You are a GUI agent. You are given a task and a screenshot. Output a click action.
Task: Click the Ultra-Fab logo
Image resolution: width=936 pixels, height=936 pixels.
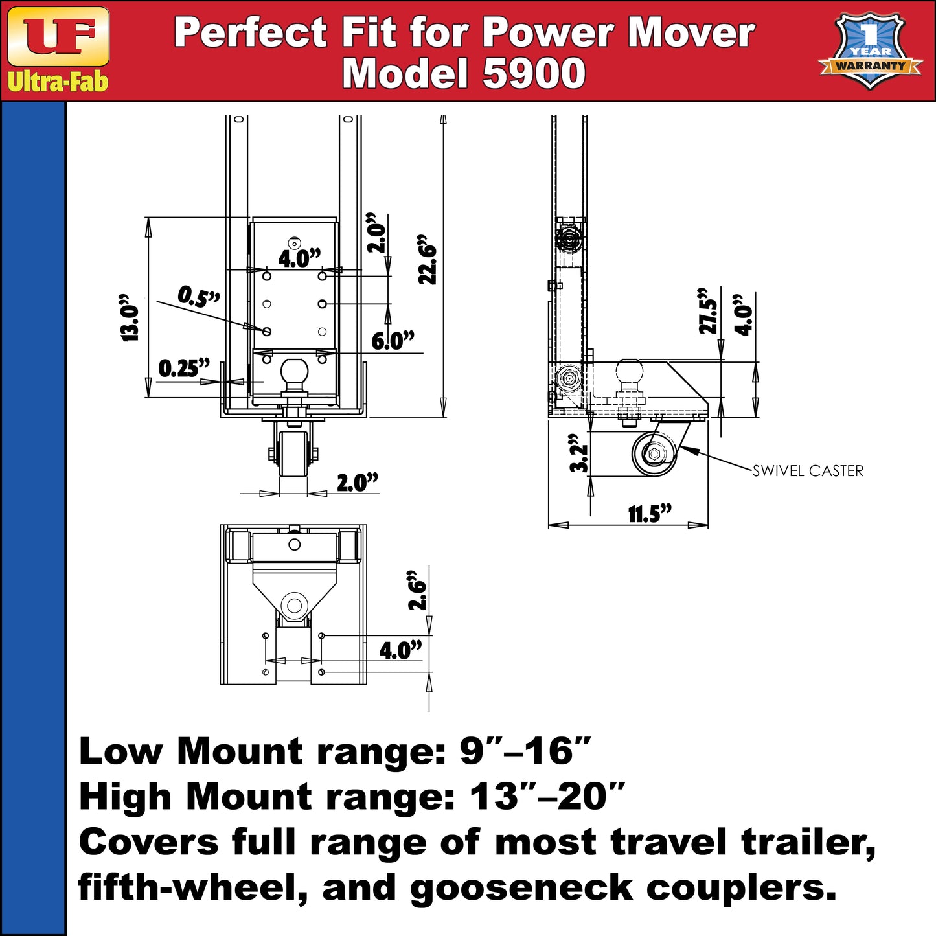coord(58,50)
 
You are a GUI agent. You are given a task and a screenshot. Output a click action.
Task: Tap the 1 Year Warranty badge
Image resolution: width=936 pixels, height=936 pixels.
coord(869,51)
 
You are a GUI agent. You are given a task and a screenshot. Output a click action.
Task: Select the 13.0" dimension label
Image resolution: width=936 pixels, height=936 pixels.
coord(130,318)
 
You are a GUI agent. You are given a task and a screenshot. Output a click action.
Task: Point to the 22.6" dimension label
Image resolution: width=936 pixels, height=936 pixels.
coord(428,259)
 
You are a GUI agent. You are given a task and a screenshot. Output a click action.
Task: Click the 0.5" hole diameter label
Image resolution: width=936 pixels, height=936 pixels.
coord(199,297)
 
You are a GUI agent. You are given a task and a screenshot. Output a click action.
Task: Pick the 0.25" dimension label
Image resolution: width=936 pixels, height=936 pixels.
coord(184,368)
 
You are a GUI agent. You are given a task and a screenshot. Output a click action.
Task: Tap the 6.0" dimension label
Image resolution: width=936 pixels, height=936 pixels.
coord(393,341)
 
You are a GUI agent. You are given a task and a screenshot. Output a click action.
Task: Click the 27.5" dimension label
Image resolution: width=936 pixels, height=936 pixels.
coord(708,312)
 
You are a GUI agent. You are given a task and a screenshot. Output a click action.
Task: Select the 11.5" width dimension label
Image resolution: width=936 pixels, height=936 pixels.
coord(650,514)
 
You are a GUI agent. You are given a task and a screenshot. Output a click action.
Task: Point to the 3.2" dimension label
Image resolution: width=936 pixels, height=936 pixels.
coord(578,457)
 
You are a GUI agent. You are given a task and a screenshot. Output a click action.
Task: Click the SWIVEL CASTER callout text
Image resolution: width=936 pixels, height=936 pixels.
coord(808,471)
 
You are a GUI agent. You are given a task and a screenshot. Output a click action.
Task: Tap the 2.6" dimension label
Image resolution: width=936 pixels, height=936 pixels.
coord(417,590)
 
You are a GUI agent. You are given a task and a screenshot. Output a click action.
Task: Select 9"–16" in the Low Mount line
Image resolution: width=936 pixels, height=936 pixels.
coord(525,751)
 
